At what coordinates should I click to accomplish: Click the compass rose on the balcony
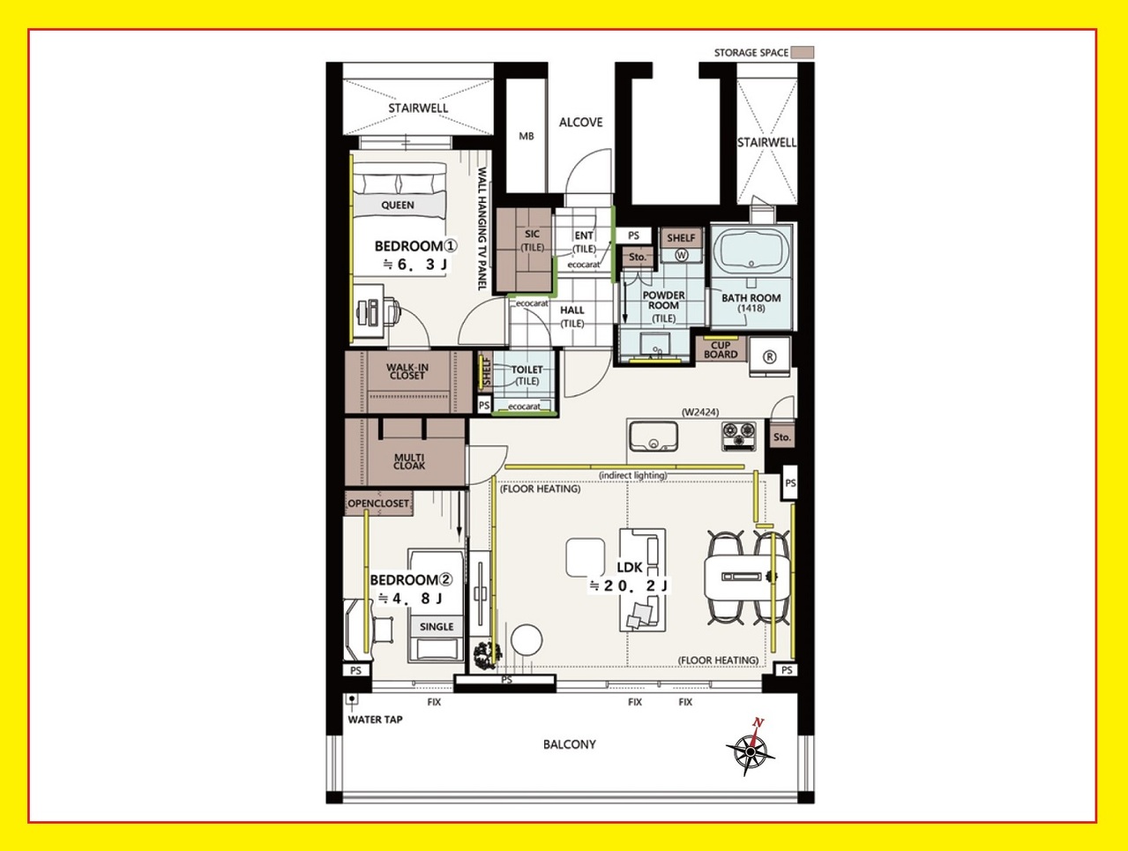click(751, 751)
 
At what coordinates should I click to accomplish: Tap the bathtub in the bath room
click(751, 250)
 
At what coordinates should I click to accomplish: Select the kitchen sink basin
click(653, 437)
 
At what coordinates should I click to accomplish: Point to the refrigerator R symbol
click(769, 356)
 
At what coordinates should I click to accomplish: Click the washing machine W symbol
click(682, 255)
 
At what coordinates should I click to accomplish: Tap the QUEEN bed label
click(397, 205)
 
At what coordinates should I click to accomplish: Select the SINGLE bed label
click(437, 626)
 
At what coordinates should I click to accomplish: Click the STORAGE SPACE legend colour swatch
click(803, 52)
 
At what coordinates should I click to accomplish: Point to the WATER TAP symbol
click(352, 699)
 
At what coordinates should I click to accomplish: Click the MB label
click(527, 136)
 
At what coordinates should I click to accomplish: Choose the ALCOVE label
click(580, 123)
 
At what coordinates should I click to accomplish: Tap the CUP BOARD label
click(721, 350)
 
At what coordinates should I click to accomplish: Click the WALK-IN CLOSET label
click(407, 371)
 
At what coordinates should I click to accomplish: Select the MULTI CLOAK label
click(409, 461)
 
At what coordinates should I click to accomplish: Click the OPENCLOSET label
click(378, 504)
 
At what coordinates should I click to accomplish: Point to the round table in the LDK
click(527, 639)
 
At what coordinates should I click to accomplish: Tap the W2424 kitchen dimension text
click(700, 412)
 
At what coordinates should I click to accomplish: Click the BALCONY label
click(570, 744)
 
